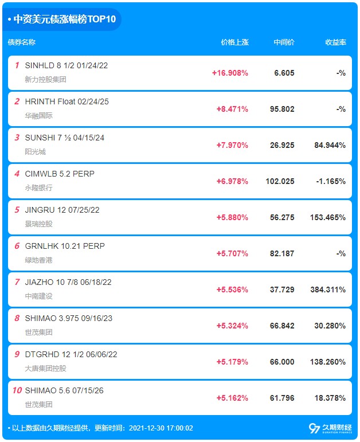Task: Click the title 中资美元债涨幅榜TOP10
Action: coord(65,19)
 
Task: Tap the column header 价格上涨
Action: coord(235,42)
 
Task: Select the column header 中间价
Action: coord(284,42)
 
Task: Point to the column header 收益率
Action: coord(335,42)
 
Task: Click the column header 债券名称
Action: coord(22,42)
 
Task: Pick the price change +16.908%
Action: coord(230,73)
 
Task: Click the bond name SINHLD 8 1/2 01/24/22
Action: coord(66,65)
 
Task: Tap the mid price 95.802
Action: coord(282,109)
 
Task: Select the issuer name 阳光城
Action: coord(35,152)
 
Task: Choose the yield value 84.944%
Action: coord(330,145)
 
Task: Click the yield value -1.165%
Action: coord(331,181)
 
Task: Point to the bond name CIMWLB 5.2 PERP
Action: coord(60,174)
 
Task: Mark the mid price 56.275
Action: coord(282,217)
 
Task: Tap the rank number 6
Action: coord(17,246)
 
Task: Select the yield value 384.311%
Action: coord(328,290)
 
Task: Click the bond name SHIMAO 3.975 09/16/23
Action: coord(69,318)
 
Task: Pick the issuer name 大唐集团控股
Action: coord(46,369)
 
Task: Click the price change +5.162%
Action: coord(232,398)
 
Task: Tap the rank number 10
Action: coord(17,390)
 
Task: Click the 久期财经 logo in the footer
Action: coord(330,428)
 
